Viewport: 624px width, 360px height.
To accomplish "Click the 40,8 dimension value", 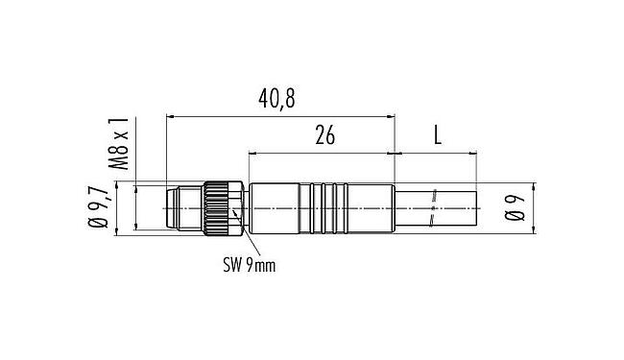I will tap(278, 100).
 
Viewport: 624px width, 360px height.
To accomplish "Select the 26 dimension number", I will tap(324, 136).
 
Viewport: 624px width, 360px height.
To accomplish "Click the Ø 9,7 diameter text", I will tap(98, 206).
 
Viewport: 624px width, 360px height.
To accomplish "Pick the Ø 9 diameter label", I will tap(517, 205).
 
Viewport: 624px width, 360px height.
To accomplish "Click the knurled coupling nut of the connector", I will tap(222, 205).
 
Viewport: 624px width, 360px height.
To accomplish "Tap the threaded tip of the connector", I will tap(181, 205).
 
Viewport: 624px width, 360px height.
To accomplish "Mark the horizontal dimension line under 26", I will tap(321, 153).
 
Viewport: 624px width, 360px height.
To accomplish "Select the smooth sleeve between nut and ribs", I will tap(274, 205).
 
